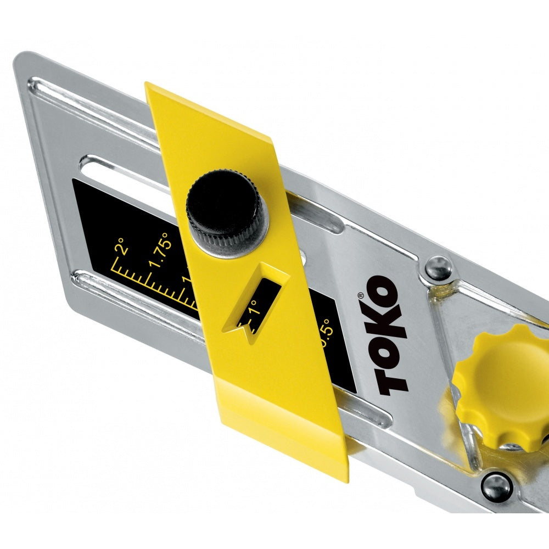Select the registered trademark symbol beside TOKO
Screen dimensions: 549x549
click(x=361, y=295)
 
